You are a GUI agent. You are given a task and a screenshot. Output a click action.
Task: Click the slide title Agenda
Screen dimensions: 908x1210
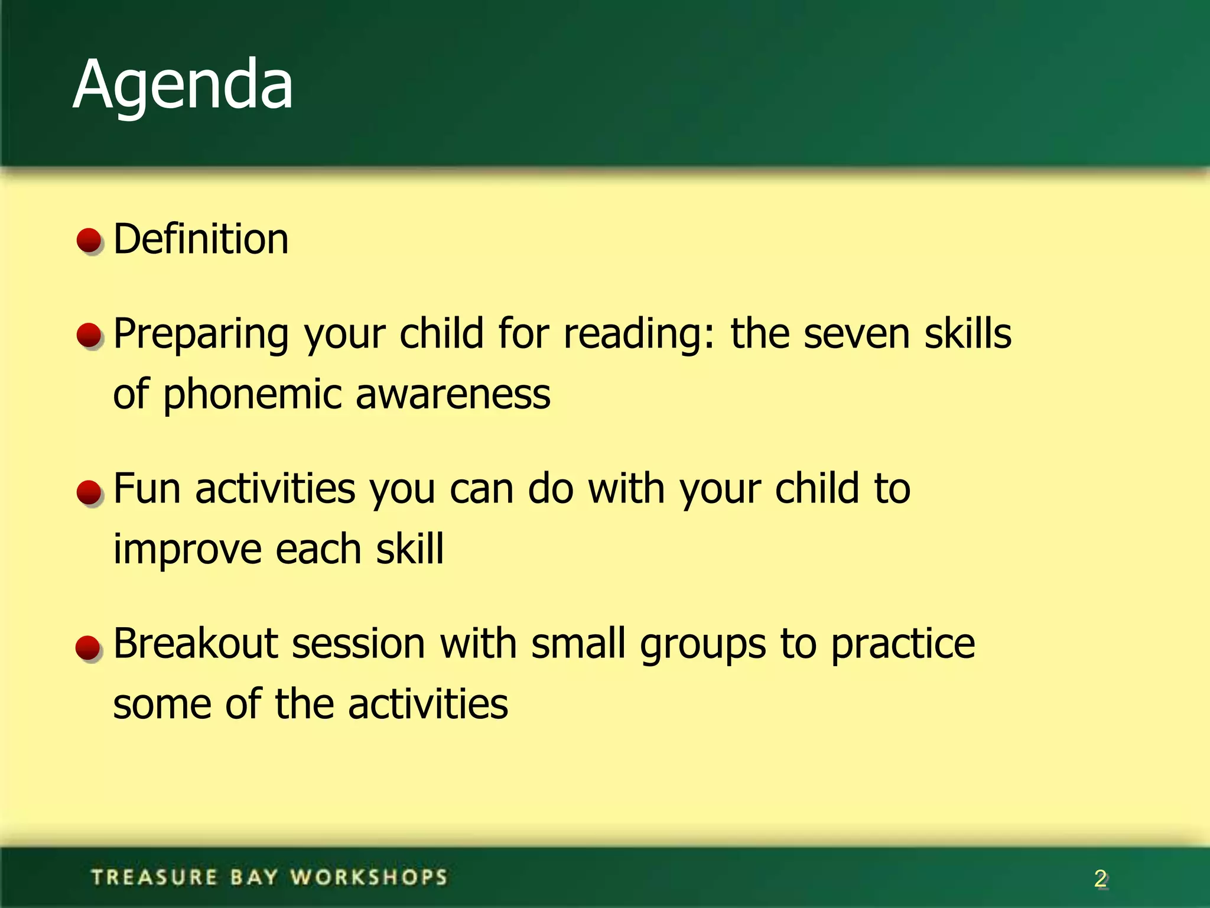tap(183, 86)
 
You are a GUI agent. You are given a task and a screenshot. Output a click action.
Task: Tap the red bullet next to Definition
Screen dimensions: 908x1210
tap(90, 241)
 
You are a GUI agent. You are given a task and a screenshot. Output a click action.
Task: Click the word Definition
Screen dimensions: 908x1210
tap(201, 239)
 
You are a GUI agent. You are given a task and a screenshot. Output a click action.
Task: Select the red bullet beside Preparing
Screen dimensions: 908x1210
tap(90, 335)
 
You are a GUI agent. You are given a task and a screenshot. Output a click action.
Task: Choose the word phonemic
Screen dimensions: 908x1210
tap(252, 395)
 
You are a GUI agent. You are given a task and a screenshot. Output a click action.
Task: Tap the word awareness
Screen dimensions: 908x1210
tap(453, 395)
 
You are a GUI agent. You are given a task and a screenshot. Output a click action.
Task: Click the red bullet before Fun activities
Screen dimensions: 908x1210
tap(90, 492)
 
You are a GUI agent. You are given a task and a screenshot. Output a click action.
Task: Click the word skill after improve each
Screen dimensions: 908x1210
tap(409, 549)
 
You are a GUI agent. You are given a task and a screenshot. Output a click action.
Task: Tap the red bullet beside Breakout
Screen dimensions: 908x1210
tap(89, 648)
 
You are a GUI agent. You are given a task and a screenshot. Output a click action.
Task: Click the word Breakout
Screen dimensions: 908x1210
tap(196, 644)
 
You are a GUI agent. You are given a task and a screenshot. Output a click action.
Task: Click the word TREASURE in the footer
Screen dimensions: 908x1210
tap(155, 877)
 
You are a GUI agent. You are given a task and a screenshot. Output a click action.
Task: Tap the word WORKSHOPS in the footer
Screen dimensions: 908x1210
tap(369, 877)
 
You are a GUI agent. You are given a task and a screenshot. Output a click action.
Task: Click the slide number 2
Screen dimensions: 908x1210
tap(1100, 879)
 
